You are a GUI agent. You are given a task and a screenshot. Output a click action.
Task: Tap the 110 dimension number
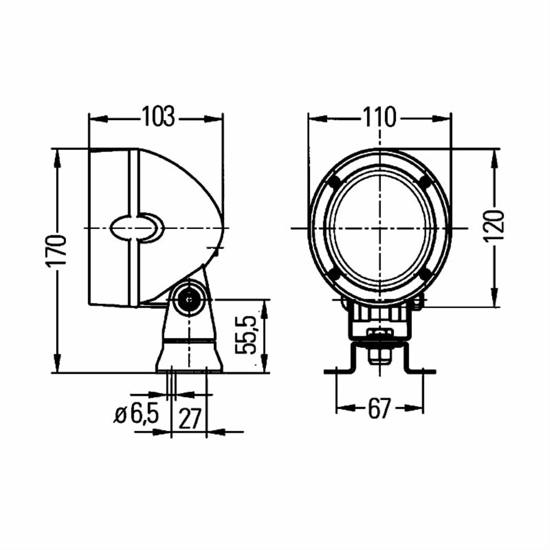(380, 118)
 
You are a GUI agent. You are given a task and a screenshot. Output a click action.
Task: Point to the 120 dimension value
(494, 226)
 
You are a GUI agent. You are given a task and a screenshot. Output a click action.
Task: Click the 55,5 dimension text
(246, 335)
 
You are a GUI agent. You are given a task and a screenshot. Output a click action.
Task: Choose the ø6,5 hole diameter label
(136, 414)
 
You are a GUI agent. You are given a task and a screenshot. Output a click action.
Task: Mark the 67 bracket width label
(380, 408)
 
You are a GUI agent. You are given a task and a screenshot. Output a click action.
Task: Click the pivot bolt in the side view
(190, 299)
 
